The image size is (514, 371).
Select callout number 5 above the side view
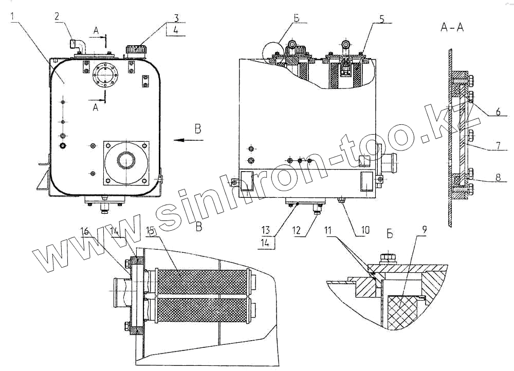click(381, 18)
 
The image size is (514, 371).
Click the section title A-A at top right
click(452, 27)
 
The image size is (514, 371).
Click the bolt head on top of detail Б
click(388, 258)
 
